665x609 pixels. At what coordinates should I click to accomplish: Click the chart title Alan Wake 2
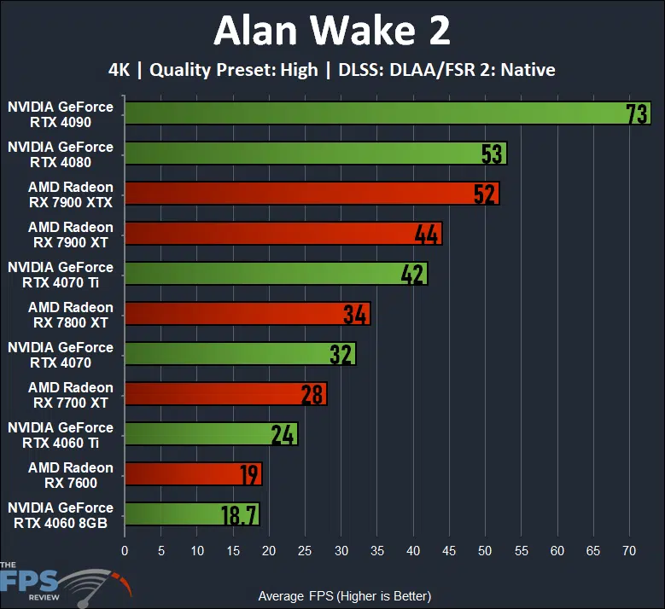click(x=332, y=32)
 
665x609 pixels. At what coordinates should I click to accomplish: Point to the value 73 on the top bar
click(x=637, y=114)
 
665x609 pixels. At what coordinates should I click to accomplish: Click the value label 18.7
click(x=237, y=514)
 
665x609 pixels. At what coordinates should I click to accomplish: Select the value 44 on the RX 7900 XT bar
click(x=427, y=234)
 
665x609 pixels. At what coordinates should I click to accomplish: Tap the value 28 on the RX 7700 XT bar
click(x=312, y=394)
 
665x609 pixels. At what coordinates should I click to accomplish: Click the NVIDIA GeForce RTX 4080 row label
click(x=60, y=154)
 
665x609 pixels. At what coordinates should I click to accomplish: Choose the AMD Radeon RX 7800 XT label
click(x=70, y=314)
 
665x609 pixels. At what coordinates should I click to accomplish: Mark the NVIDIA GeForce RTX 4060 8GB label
click(x=60, y=515)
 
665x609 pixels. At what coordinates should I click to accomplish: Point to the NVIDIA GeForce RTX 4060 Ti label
click(x=60, y=435)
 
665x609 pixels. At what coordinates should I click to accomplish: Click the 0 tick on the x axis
click(x=125, y=551)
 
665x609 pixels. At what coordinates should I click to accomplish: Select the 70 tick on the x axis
click(x=629, y=551)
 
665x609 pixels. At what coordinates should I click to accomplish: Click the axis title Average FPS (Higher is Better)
click(x=344, y=595)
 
